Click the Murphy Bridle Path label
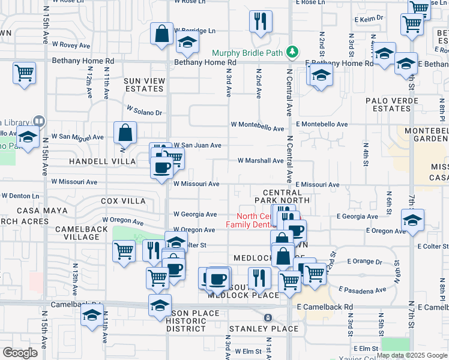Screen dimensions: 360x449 pos(246,52)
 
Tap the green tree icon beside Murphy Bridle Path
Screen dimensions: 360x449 pos(292,52)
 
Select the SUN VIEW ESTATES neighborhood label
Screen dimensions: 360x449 pos(143,85)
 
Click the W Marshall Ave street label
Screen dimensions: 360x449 pos(260,161)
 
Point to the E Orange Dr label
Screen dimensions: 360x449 pos(365,262)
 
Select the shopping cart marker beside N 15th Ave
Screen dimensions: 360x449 pos(24,74)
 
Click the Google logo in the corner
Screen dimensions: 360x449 pos(20,352)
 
